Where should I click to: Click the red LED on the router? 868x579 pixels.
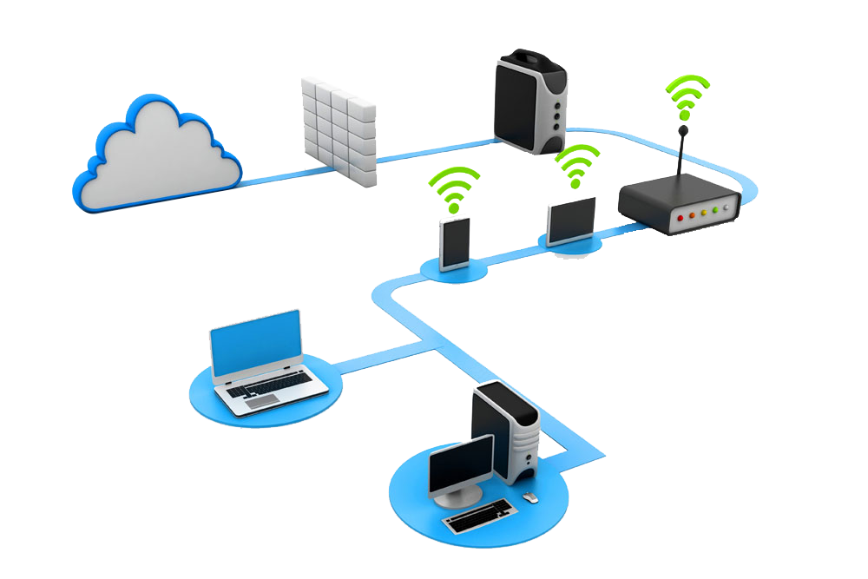click(x=681, y=214)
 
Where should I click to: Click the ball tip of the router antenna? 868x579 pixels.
click(x=684, y=131)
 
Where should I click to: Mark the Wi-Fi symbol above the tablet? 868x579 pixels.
click(x=575, y=165)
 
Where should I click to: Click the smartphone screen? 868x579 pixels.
click(x=456, y=242)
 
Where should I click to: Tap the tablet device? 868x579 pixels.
click(x=572, y=220)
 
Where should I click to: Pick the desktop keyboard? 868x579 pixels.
click(x=480, y=518)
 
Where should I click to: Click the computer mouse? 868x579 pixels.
click(x=529, y=498)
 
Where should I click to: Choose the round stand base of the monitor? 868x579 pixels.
click(x=461, y=500)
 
